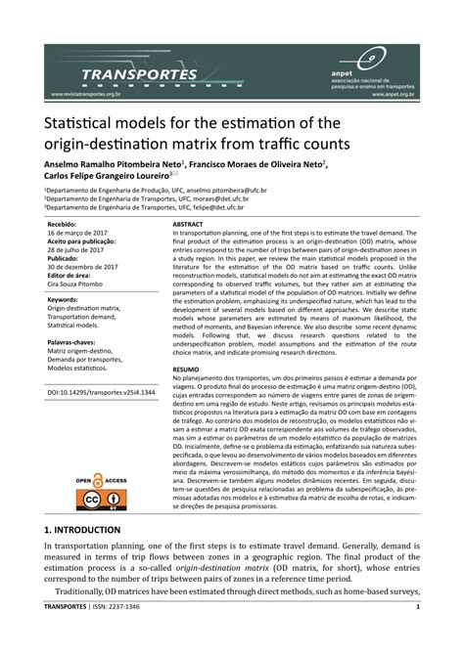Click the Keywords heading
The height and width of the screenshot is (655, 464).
pos(63,300)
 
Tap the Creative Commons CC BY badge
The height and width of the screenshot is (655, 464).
pos(103,501)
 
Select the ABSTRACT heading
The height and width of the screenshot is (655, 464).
pos(188,224)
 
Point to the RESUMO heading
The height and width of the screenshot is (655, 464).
pos(186,368)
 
